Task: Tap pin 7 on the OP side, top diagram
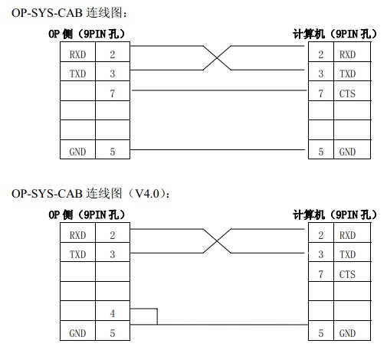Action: (x=113, y=93)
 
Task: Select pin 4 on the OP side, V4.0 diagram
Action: (x=113, y=313)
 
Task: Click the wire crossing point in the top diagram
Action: (x=217, y=58)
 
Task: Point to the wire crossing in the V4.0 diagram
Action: (x=217, y=241)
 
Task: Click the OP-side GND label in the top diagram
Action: (x=77, y=152)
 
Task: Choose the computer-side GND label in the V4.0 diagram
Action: (x=347, y=333)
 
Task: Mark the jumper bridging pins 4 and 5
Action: (x=157, y=316)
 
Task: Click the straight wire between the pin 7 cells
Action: (x=219, y=90)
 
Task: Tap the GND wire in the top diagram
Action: (x=218, y=149)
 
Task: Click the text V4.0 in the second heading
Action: (x=147, y=194)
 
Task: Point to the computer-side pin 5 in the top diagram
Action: (x=321, y=152)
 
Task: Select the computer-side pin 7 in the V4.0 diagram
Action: (x=321, y=274)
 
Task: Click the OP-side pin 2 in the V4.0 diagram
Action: (x=113, y=235)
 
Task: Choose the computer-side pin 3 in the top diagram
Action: (x=321, y=74)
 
